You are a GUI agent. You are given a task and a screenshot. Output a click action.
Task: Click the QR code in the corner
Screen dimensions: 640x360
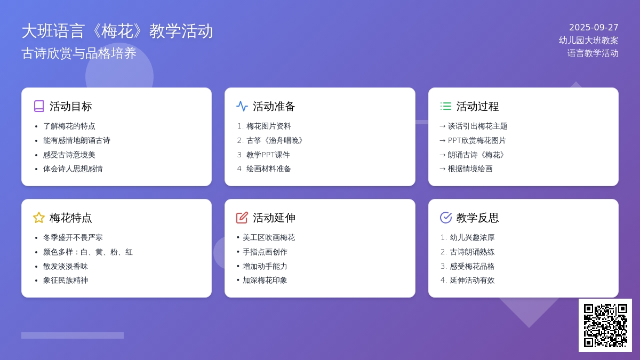point(605,325)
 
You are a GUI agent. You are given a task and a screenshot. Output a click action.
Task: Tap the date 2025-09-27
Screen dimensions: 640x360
point(594,27)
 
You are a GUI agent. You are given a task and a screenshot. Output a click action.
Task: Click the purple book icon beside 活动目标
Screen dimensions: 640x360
point(39,106)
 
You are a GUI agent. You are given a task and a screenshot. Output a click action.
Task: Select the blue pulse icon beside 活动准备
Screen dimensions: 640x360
point(242,106)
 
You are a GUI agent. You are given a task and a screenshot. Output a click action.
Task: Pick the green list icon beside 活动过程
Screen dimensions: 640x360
point(446,106)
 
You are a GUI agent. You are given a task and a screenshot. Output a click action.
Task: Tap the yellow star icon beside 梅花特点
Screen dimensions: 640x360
point(39,218)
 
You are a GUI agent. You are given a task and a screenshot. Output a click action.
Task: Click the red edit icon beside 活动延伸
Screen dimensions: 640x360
point(242,218)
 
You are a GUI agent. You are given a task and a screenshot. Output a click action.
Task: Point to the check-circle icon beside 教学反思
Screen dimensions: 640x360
point(446,218)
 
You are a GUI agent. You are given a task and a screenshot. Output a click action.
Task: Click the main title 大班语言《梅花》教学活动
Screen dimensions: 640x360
point(117,31)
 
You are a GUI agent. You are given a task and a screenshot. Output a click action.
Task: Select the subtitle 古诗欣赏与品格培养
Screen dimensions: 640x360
point(79,53)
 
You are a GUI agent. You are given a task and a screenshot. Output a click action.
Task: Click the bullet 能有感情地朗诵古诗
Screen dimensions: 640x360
point(77,140)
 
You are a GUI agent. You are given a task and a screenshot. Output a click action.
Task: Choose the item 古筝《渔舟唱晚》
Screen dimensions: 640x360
point(275,140)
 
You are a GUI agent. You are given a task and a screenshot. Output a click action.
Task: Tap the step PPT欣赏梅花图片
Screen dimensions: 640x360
point(477,140)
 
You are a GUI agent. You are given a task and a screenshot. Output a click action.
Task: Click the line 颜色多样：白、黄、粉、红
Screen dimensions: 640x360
point(87,252)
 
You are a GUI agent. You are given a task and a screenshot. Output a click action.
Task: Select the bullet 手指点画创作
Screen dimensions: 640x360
point(265,252)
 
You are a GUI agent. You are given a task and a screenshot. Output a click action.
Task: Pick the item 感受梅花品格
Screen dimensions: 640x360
point(472,266)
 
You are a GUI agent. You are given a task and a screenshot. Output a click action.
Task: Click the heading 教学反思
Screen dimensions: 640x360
point(477,218)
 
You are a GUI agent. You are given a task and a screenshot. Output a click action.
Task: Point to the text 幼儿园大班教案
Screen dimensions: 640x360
point(589,41)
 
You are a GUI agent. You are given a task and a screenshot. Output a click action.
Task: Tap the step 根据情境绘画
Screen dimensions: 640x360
point(470,169)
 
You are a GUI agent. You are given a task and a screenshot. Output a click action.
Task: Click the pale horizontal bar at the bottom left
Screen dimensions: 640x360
point(73,335)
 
